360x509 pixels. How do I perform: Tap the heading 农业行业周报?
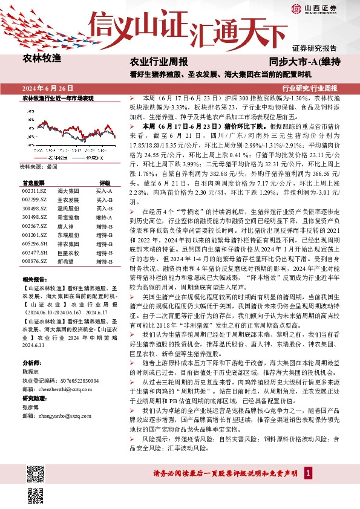pos(159,62)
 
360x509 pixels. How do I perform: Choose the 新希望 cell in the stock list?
pos(65,261)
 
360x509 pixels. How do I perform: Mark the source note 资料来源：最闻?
pos(39,166)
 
